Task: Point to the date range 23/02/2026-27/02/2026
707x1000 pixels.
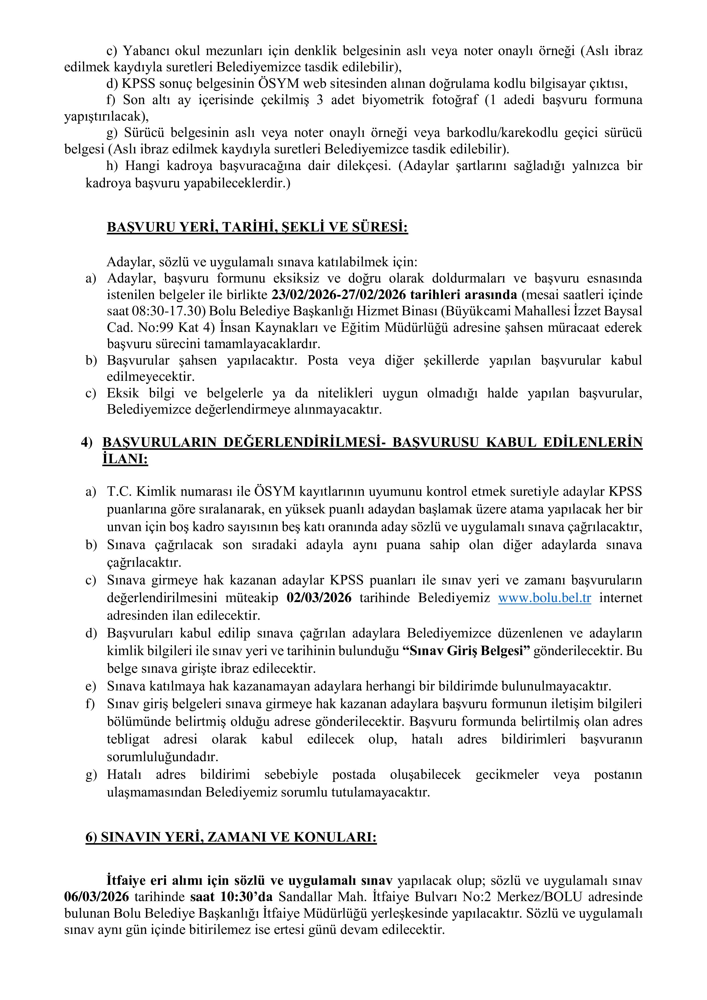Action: click(x=339, y=295)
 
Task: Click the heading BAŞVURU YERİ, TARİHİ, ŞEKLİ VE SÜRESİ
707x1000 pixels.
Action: click(x=257, y=227)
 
